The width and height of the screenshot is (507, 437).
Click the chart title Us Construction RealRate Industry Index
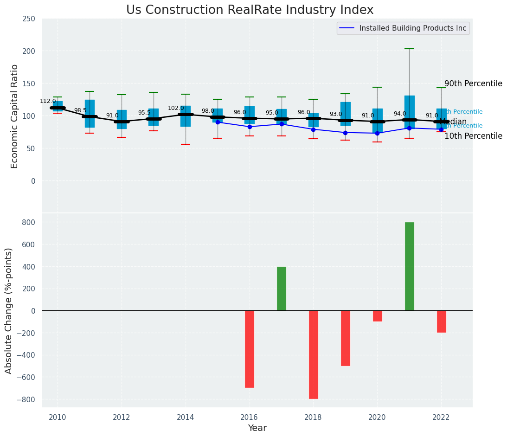pos(250,10)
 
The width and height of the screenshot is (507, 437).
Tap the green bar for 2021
pos(409,266)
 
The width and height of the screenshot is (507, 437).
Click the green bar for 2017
pos(282,289)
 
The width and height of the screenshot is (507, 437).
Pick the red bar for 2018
pos(314,354)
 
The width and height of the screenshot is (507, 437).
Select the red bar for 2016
pos(250,349)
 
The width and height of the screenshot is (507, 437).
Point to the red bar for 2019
pos(346,338)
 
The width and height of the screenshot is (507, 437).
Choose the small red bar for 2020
pos(377,316)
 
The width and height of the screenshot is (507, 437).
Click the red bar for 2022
pos(441,321)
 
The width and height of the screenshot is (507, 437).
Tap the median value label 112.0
pos(48,101)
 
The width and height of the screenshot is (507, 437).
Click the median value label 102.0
pos(176,108)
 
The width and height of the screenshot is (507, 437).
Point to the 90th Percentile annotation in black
pos(473,84)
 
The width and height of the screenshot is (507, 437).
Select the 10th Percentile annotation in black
pos(473,136)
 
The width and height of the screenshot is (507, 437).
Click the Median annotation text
pos(453,122)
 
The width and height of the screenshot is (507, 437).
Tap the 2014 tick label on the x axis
pos(186,417)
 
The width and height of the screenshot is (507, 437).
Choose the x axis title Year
pos(257,428)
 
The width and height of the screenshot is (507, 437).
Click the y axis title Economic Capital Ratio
pos(14,116)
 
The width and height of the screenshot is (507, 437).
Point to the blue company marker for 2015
pos(218,122)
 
